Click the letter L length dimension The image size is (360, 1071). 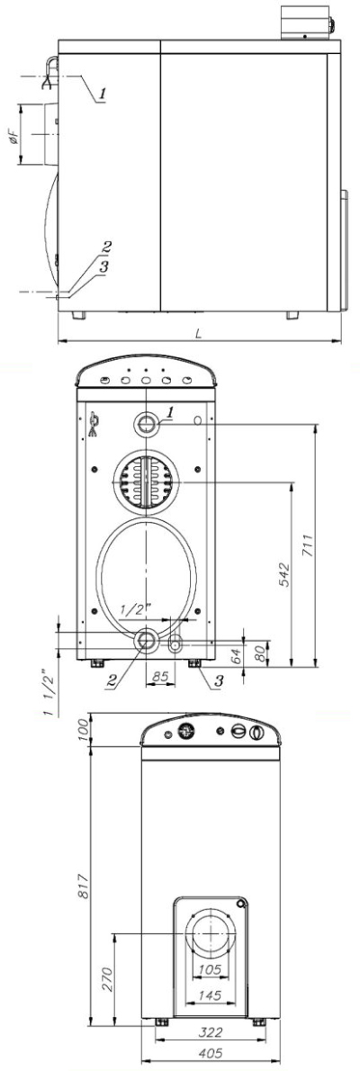pos(200,333)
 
